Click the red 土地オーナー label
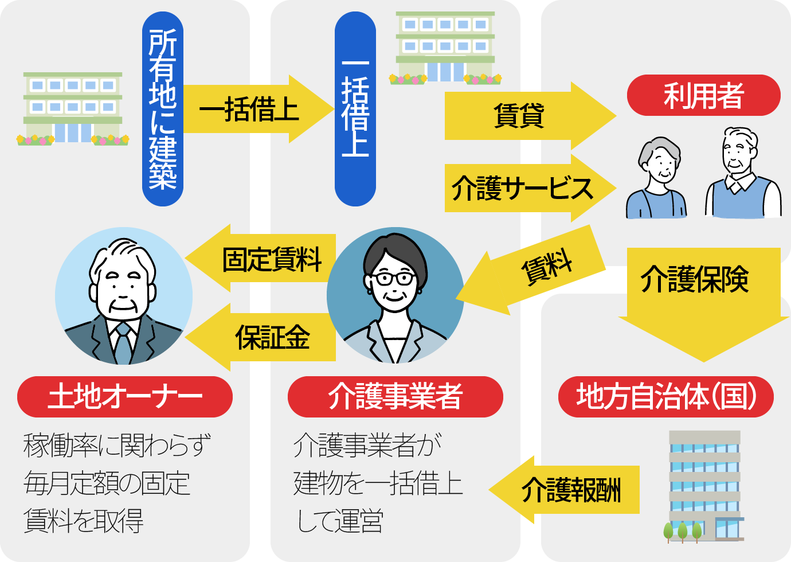[x=124, y=396]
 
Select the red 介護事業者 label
[x=395, y=396]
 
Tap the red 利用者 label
[x=703, y=95]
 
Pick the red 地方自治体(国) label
[x=665, y=396]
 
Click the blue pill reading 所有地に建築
[x=163, y=109]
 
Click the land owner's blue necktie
[x=123, y=344]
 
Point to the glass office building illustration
[x=705, y=485]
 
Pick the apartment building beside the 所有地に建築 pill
[x=73, y=109]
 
